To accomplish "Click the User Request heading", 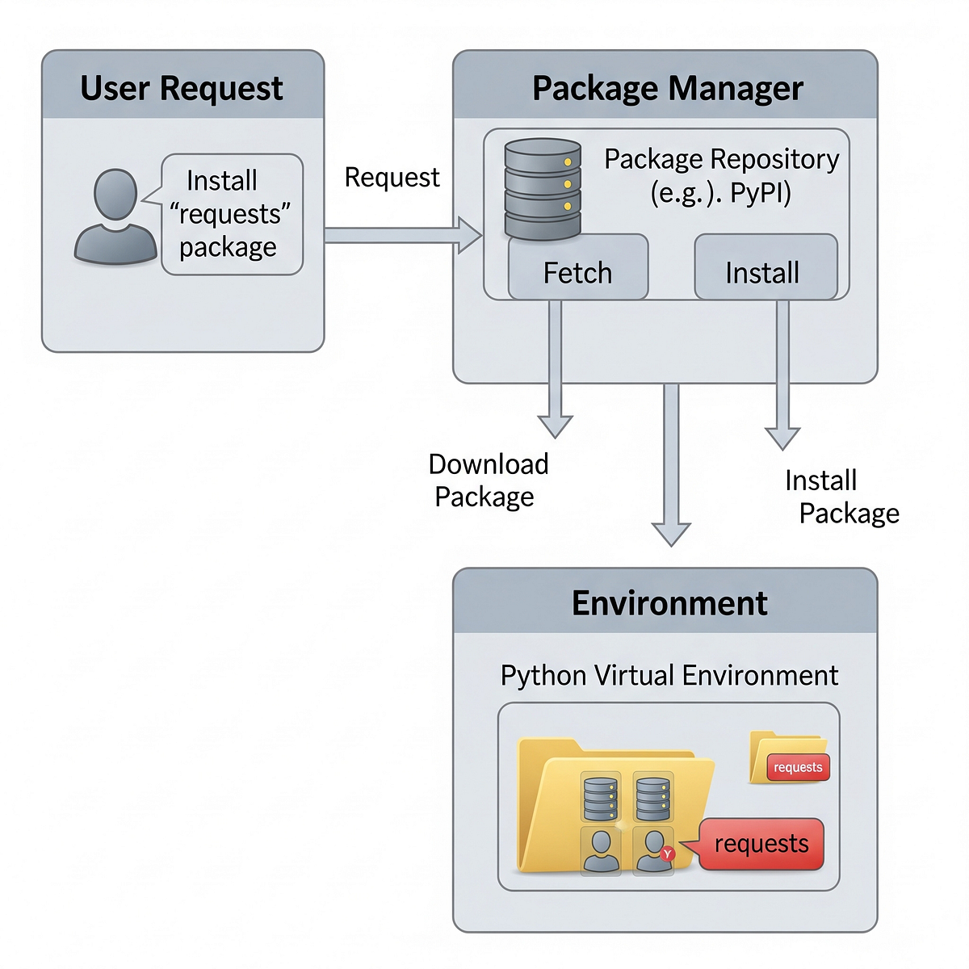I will coord(182,88).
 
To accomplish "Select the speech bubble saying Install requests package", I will coord(231,214).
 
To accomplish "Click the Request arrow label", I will coord(392,178).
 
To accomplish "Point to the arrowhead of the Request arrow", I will coord(470,235).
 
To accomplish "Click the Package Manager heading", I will coord(667,88).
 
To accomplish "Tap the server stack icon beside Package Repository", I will coord(543,189).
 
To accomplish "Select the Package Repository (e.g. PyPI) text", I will coord(721,175).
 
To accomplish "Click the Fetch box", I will coord(578,271).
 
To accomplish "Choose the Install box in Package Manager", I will coord(763,271).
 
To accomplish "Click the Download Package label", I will coord(488,480).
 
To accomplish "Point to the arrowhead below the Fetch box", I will coord(556,426).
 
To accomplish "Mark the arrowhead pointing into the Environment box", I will coord(671,535).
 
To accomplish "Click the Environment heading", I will coord(669,603).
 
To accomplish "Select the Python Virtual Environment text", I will coord(669,675).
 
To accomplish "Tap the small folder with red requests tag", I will coord(787,758).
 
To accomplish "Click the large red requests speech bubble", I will coord(761,845).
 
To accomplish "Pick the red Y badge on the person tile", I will coord(667,854).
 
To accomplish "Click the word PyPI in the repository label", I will coord(761,193).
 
